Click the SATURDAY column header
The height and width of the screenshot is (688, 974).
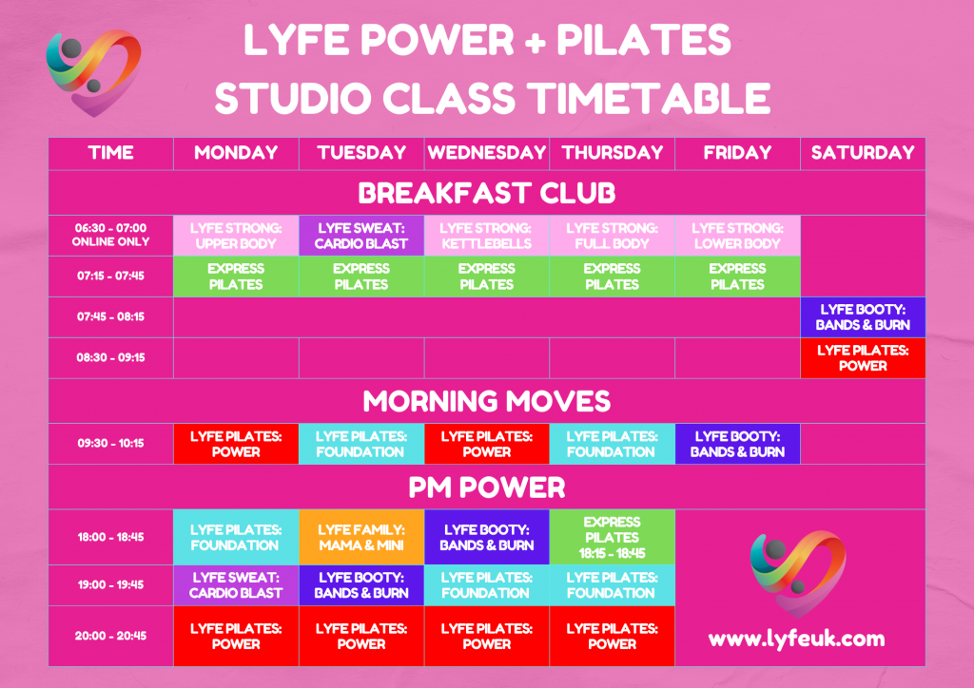(862, 153)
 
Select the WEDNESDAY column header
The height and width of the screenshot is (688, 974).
(486, 153)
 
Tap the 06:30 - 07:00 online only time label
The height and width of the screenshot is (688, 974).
(110, 235)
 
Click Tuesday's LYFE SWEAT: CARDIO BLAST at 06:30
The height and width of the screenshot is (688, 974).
(361, 236)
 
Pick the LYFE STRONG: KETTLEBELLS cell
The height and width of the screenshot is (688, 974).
(486, 236)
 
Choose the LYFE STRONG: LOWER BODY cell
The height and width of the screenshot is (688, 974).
(737, 236)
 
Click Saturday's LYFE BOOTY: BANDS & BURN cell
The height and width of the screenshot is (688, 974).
(863, 317)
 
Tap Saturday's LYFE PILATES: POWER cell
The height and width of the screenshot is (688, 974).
(863, 358)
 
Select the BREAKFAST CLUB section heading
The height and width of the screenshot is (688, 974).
(486, 193)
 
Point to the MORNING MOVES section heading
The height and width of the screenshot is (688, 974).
(486, 401)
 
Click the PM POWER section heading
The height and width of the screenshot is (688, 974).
(486, 487)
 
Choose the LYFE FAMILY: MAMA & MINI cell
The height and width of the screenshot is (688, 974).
(361, 537)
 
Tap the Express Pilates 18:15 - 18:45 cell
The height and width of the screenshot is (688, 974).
(612, 537)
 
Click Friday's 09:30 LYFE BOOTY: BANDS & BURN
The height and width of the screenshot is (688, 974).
(737, 444)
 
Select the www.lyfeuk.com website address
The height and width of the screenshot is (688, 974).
(796, 640)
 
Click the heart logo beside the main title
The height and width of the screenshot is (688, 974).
(93, 72)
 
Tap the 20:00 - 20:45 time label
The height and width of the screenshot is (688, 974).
(110, 636)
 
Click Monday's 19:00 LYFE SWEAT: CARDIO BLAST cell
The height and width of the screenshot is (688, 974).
(236, 585)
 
